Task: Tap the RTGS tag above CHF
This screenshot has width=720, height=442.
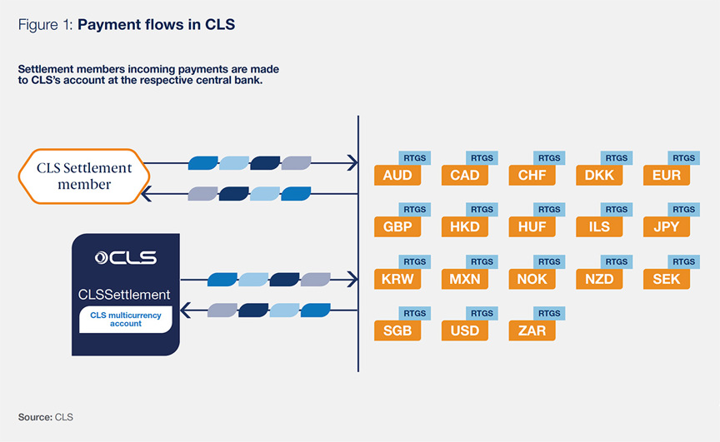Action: tap(549, 158)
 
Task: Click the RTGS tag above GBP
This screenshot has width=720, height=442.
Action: tap(415, 210)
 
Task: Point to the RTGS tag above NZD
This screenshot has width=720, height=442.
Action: tap(617, 261)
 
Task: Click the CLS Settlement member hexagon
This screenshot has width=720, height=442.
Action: tap(83, 176)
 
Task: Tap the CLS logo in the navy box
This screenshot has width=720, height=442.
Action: tap(126, 257)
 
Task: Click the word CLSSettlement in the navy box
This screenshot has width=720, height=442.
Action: tap(124, 294)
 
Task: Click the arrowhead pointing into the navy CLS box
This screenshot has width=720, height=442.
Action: tap(185, 311)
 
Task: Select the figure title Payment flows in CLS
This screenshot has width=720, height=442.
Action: tap(157, 25)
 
